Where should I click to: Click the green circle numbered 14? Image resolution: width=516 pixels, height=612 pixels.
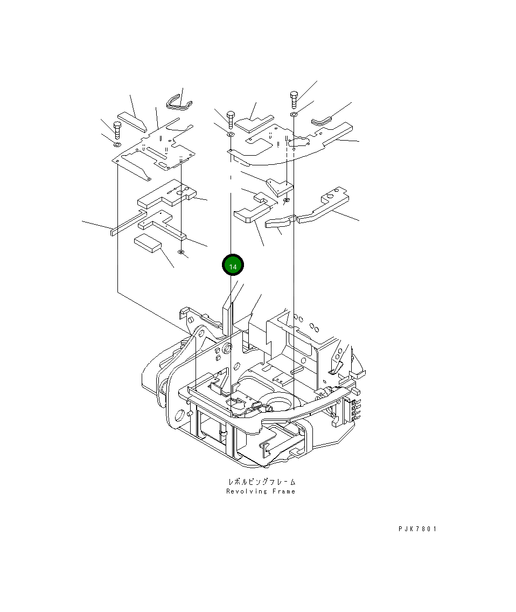tap(233, 266)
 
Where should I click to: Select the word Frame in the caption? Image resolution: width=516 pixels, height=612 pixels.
tap(284, 491)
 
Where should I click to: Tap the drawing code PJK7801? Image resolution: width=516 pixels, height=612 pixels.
tap(417, 529)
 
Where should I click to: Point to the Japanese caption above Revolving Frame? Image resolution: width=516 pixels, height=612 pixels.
tap(262, 482)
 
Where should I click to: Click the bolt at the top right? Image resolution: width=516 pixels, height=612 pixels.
tap(294, 100)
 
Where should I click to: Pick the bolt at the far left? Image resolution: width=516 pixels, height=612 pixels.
tap(117, 130)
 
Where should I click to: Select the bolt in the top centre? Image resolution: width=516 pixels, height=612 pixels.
tap(231, 119)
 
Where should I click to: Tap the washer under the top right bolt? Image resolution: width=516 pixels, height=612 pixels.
tap(294, 114)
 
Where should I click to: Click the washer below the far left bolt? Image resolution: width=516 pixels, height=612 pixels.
tap(117, 145)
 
